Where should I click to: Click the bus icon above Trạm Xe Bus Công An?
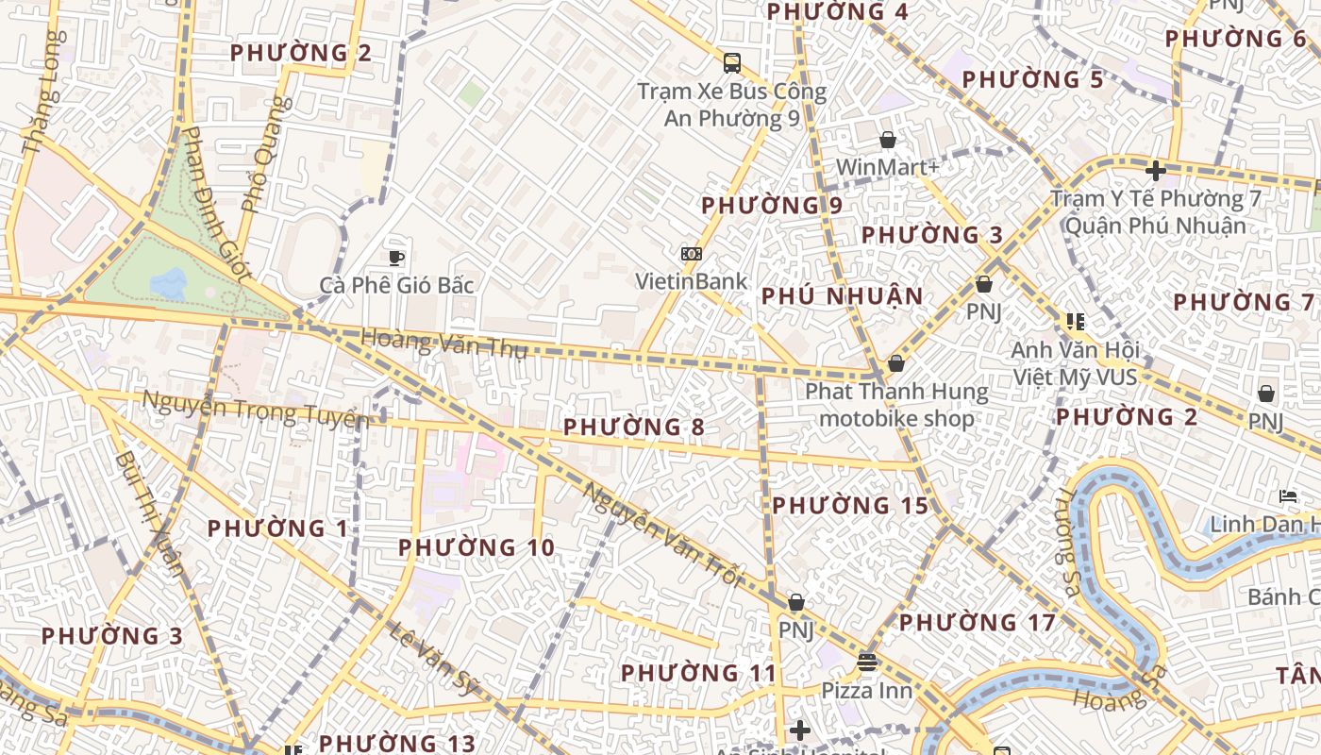pos(731,63)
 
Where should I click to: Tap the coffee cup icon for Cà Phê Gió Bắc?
pos(396,258)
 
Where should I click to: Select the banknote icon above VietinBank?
pos(692,254)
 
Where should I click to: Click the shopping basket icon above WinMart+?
pos(888,141)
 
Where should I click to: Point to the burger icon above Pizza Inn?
pos(867,663)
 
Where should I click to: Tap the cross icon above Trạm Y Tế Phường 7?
pos(1155,171)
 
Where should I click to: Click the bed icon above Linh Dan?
pos(1287,496)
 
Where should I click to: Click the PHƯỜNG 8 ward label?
pos(633,428)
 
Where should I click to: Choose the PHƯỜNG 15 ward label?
pos(850,506)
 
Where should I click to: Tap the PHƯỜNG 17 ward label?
pos(977,623)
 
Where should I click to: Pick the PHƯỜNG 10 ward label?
pos(476,547)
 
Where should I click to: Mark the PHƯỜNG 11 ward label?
pos(698,673)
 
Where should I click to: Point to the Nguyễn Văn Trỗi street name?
pos(662,535)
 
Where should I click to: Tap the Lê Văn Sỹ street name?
pos(433,658)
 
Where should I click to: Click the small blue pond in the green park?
pos(168,283)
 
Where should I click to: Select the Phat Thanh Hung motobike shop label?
pos(896,405)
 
